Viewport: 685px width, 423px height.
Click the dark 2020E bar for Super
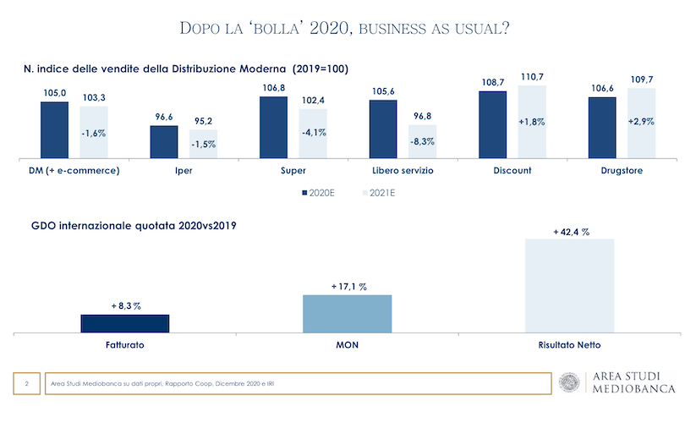pyautogui.click(x=272, y=127)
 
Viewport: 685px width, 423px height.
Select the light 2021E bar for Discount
pyautogui.click(x=532, y=121)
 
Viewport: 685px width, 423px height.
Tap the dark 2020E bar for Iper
pyautogui.click(x=163, y=141)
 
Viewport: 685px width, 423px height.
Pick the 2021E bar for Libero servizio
pyautogui.click(x=422, y=141)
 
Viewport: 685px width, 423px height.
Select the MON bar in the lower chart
pyautogui.click(x=348, y=313)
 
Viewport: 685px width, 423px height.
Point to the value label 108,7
pyautogui.click(x=492, y=83)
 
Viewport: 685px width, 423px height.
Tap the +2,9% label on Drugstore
pyautogui.click(x=642, y=122)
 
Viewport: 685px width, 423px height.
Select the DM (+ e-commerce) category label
pyautogui.click(x=69, y=170)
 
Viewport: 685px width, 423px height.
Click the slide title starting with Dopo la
pyautogui.click(x=344, y=28)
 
